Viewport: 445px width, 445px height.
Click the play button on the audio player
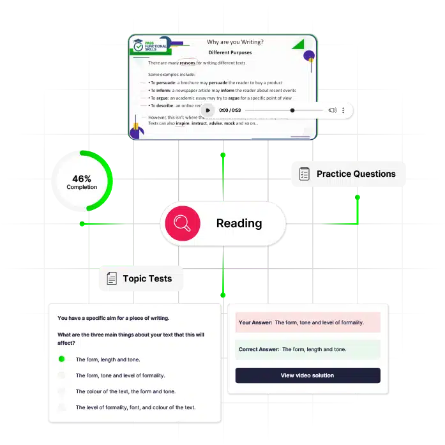(x=207, y=110)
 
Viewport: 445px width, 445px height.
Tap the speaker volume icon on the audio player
(x=332, y=110)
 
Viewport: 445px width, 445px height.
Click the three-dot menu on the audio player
(x=343, y=110)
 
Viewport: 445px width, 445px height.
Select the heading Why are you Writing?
(x=235, y=42)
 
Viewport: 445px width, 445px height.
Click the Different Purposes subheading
(x=230, y=52)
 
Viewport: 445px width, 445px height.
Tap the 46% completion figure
(x=82, y=178)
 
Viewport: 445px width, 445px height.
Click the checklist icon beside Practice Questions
(x=304, y=174)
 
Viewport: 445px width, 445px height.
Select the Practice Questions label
(x=356, y=174)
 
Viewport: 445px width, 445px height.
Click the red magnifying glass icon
(x=183, y=223)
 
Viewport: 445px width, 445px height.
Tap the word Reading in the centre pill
(x=239, y=223)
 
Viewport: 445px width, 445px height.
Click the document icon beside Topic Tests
(x=111, y=278)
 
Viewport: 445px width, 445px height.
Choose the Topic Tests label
(x=147, y=278)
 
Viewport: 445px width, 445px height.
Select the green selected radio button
(x=62, y=359)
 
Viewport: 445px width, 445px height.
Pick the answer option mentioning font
(x=135, y=407)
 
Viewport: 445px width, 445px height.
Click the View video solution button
(x=307, y=375)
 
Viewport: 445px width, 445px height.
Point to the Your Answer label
(x=255, y=322)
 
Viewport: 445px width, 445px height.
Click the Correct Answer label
(x=259, y=349)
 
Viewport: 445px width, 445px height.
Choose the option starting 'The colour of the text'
(x=125, y=391)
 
